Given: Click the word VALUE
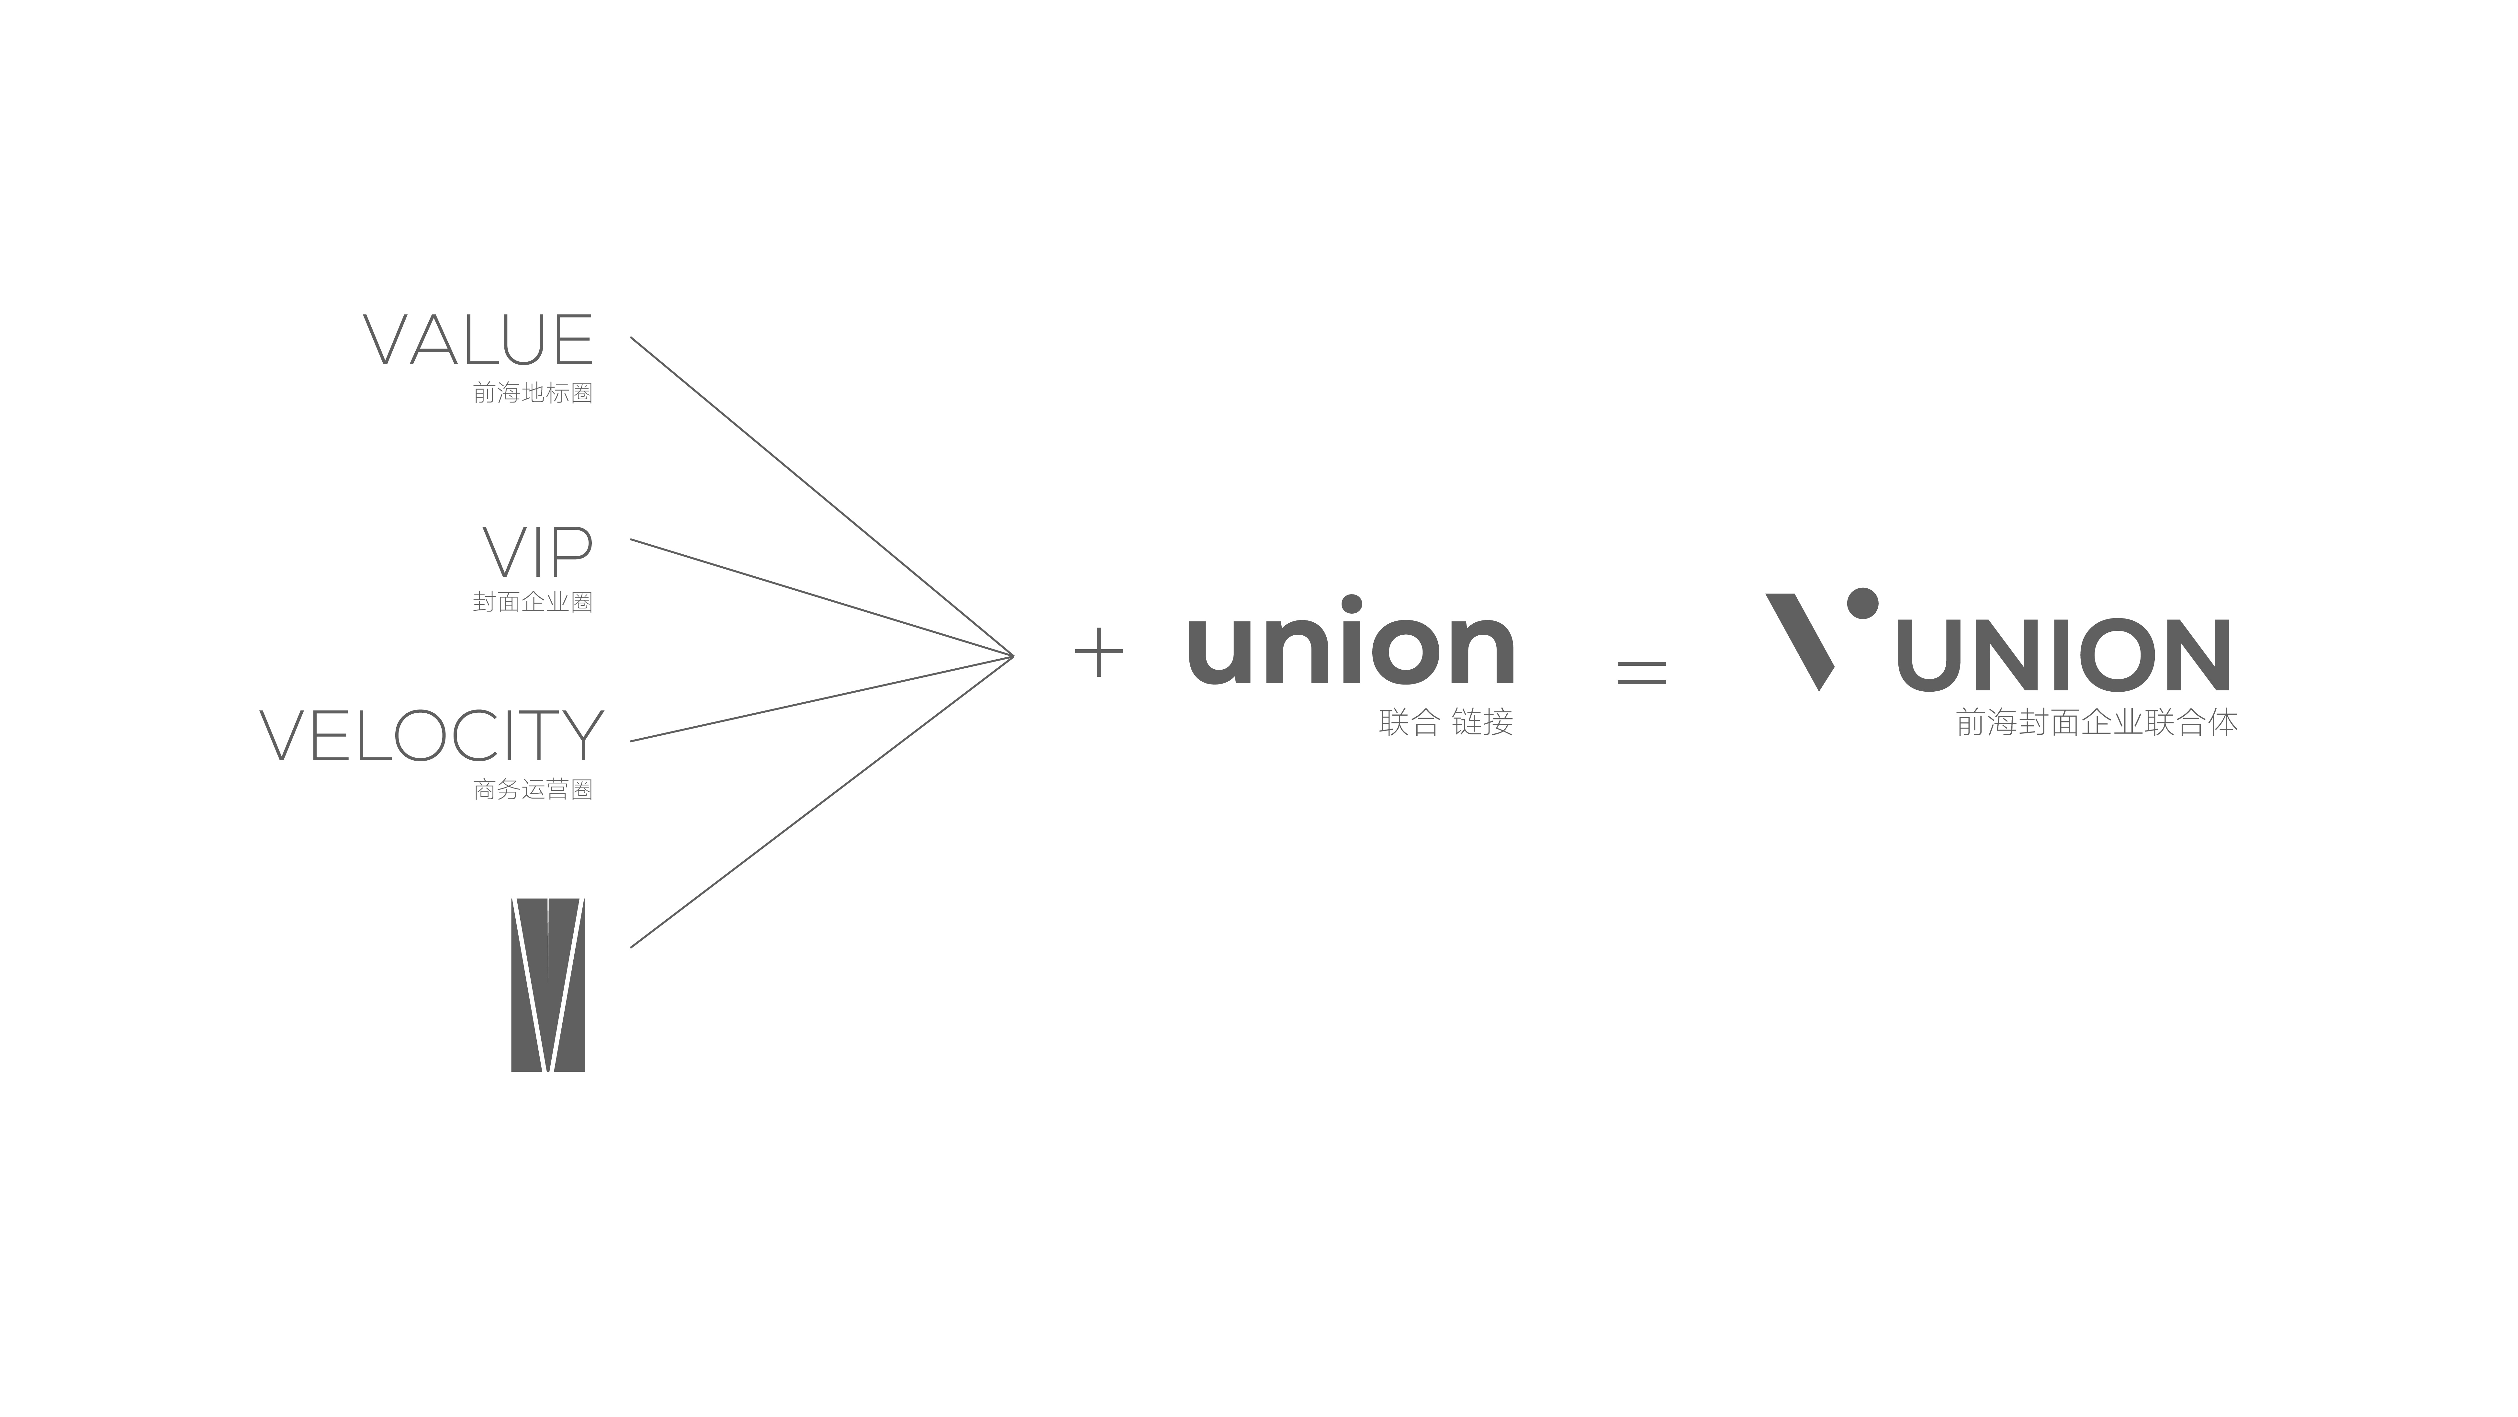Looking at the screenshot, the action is (x=478, y=340).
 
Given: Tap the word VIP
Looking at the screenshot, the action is (x=538, y=552).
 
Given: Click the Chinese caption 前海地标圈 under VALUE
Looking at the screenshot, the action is (x=533, y=393).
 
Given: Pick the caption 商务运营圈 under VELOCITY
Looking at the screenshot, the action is (x=533, y=789).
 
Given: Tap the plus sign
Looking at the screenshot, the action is (x=1099, y=652).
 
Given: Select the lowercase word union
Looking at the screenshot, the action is (x=1351, y=641).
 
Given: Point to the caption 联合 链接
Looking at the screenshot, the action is (x=1446, y=723).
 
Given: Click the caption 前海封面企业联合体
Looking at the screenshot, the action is (x=2097, y=723).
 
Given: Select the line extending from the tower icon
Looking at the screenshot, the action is (x=822, y=802).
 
